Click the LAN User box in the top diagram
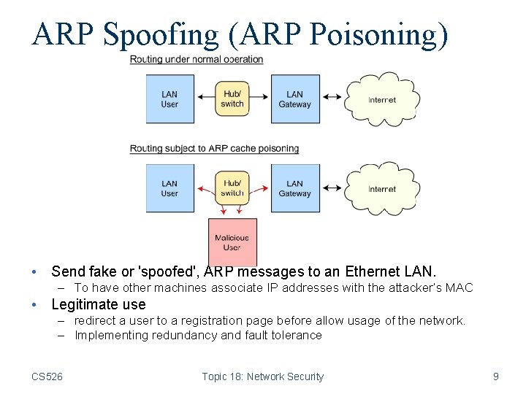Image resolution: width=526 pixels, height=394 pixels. pyautogui.click(x=169, y=99)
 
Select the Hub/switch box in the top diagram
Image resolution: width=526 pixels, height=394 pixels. pyautogui.click(x=232, y=99)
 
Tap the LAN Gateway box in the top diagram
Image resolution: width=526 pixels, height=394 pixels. pyautogui.click(x=295, y=99)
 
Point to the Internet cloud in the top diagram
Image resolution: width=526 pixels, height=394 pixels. pyautogui.click(x=381, y=99)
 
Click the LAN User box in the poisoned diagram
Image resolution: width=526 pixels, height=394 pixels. pyautogui.click(x=169, y=188)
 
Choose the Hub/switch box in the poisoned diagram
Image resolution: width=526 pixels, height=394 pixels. pyautogui.click(x=232, y=188)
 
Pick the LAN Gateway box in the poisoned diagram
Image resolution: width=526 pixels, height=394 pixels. pyautogui.click(x=295, y=188)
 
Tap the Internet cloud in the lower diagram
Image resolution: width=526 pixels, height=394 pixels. pyautogui.click(x=381, y=189)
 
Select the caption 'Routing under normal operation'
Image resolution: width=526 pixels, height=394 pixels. pyautogui.click(x=197, y=59)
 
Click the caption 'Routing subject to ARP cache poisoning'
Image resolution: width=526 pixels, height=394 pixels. pyautogui.click(x=214, y=148)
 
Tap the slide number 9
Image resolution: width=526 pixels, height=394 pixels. pyautogui.click(x=496, y=376)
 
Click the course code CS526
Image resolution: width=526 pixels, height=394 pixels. pyautogui.click(x=47, y=376)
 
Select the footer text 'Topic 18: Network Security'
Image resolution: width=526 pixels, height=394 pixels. pyautogui.click(x=262, y=376)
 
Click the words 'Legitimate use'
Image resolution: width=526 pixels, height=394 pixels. pyautogui.click(x=98, y=304)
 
